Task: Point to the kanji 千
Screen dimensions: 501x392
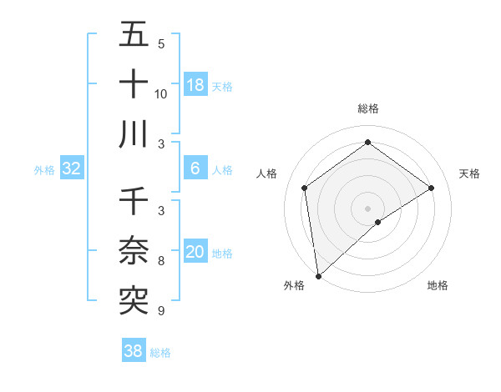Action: [134, 201]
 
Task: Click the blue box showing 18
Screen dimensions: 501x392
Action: [195, 85]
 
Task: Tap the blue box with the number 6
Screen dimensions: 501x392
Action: [195, 168]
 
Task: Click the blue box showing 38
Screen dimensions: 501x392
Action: [134, 351]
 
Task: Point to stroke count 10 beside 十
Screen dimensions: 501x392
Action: [161, 93]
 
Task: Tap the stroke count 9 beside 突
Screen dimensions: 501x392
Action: [161, 311]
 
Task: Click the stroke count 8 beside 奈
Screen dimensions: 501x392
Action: [161, 261]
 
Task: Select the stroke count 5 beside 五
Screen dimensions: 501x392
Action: [161, 43]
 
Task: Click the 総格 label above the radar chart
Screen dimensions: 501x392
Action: [368, 108]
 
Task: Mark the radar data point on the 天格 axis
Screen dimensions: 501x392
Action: [432, 188]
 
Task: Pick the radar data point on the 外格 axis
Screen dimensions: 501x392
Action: [318, 275]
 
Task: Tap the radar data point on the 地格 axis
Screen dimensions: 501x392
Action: [378, 222]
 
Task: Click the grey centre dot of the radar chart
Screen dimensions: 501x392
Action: [368, 208]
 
